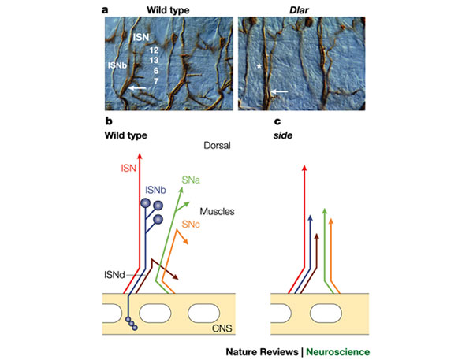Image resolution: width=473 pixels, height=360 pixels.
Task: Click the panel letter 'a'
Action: point(105,10)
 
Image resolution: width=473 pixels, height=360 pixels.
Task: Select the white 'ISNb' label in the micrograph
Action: point(117,65)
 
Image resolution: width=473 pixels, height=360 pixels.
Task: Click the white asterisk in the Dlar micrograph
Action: point(258,67)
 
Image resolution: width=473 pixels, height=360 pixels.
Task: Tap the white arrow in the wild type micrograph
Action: point(140,89)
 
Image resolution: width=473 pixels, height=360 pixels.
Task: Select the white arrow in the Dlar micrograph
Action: point(280,94)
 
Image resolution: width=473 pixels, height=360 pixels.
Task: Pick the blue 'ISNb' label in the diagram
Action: point(155,191)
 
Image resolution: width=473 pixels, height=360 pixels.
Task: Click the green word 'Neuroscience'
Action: point(335,351)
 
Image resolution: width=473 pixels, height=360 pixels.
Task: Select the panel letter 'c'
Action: point(275,121)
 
